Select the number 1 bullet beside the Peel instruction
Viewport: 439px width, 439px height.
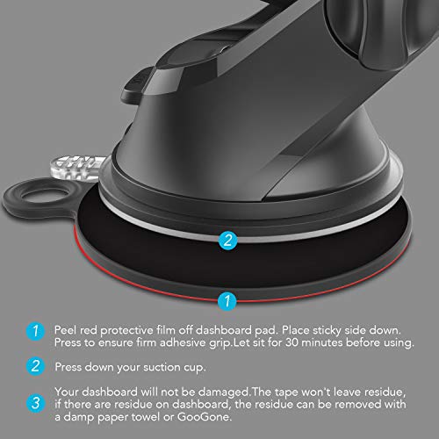pyautogui.click(x=34, y=332)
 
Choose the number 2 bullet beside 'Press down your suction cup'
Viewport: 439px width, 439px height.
pyautogui.click(x=34, y=366)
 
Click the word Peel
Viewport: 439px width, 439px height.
pyautogui.click(x=68, y=327)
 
